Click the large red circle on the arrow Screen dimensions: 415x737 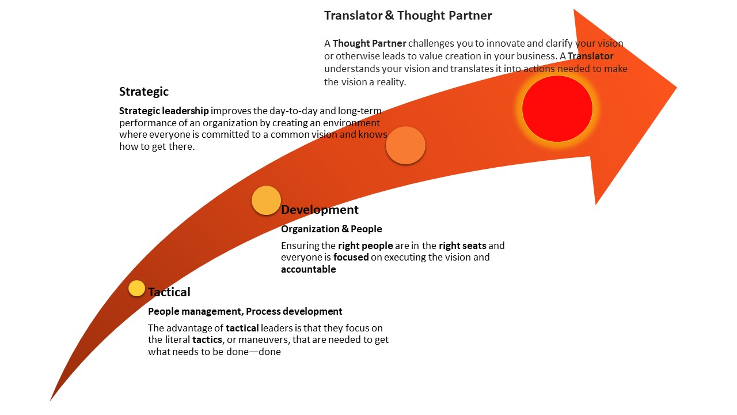tap(557, 108)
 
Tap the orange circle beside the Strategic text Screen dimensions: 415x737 tap(405, 145)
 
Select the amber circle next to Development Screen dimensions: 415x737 tap(266, 201)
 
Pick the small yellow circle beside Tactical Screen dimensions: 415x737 tap(136, 288)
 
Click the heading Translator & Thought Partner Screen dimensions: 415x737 tap(408, 16)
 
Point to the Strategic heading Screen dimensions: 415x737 tap(144, 92)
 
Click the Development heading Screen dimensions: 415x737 tap(320, 210)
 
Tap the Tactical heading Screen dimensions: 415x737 tap(169, 292)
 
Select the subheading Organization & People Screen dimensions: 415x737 tap(331, 229)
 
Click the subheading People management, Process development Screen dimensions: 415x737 tap(245, 311)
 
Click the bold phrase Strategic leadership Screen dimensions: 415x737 tap(164, 111)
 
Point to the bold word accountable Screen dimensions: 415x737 tap(308, 269)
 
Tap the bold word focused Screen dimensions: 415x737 tap(351, 257)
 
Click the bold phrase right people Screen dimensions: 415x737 tap(365, 246)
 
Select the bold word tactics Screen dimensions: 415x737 tap(207, 339)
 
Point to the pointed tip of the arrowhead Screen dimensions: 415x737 tap(676, 88)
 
